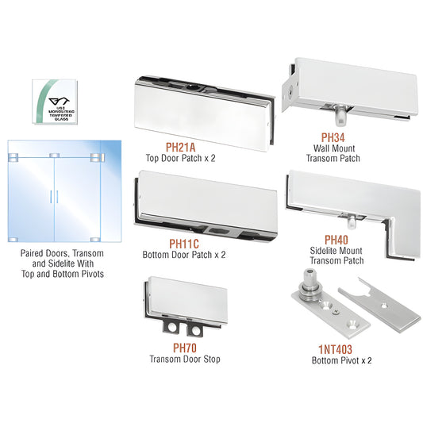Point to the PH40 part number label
point(336,240)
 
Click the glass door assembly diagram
point(64,190)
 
